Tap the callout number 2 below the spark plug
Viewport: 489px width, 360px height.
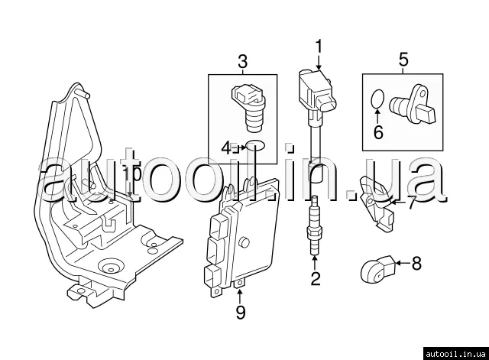315,278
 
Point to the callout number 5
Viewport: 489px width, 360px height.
403,58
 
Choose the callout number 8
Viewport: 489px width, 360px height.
416,264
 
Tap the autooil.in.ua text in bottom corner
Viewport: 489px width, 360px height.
454,352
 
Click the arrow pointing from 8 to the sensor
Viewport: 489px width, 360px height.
402,264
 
